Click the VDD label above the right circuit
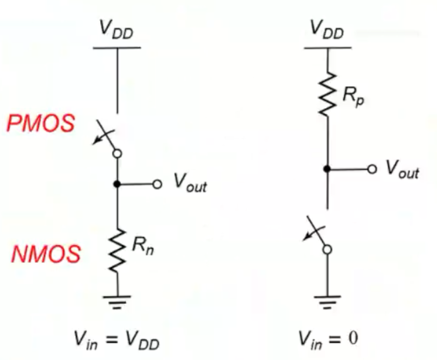click(326, 28)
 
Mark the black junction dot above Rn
click(117, 184)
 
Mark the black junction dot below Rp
click(327, 169)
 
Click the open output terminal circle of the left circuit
click(156, 184)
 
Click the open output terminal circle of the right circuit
click(371, 169)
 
